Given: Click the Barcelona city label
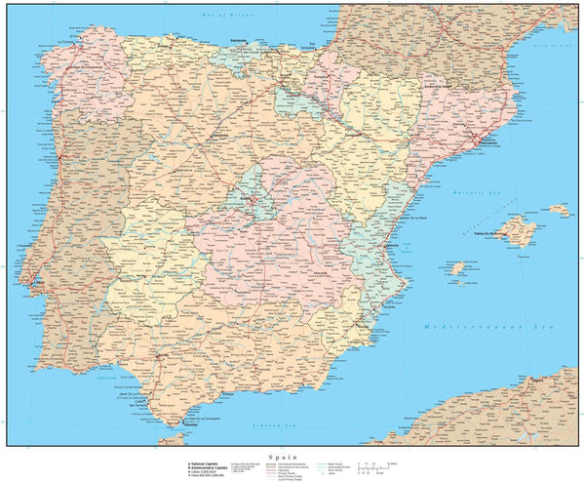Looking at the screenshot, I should point(489,142).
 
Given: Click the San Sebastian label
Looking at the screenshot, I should point(309,46).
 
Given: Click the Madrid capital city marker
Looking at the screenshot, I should point(256,201).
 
